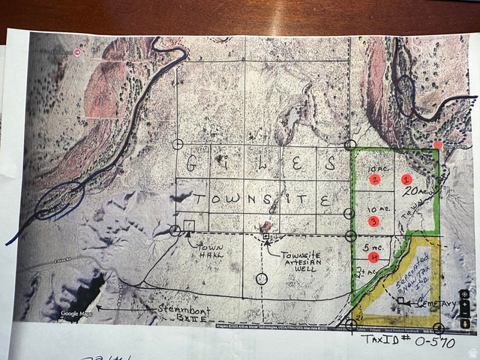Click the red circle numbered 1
point(406,180)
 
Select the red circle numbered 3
point(373,221)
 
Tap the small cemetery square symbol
point(401,301)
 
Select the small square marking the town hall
point(188,225)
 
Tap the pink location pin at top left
point(78,53)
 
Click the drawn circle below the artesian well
point(260,279)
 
